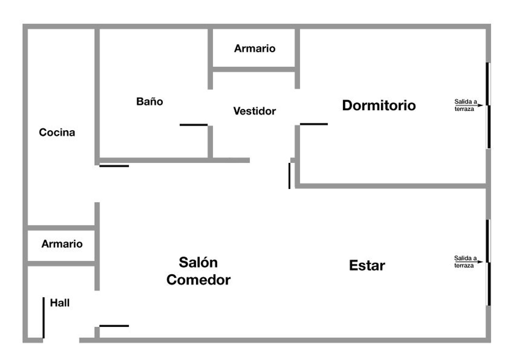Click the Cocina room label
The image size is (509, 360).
(57, 132)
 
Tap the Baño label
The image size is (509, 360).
(149, 101)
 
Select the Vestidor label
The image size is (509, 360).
(254, 111)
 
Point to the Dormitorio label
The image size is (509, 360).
(379, 105)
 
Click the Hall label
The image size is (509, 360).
(60, 303)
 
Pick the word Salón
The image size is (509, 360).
(198, 263)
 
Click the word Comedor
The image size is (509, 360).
(198, 280)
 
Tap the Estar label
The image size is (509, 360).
(367, 265)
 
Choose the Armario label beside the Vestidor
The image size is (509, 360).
(254, 49)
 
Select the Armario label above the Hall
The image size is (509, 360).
(62, 244)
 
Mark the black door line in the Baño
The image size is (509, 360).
(193, 125)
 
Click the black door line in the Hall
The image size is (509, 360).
(43, 318)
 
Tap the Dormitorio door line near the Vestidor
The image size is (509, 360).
(314, 124)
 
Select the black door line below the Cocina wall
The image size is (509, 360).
(114, 166)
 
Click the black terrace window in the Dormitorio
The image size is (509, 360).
(488, 105)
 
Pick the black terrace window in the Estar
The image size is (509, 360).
(488, 263)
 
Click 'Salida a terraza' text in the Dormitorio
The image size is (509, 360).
(465, 105)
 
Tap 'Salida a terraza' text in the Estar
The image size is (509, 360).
(465, 262)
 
